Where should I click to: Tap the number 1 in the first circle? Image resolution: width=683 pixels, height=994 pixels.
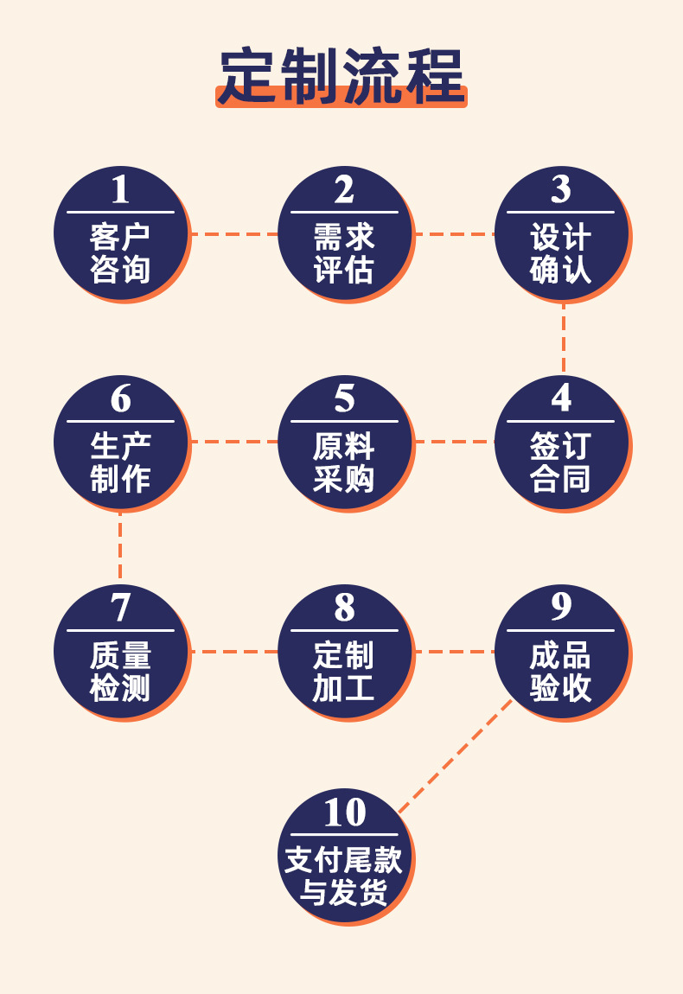tap(120, 189)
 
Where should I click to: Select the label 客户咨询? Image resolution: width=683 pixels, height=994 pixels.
tap(120, 252)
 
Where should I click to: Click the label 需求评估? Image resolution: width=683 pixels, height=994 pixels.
tap(344, 252)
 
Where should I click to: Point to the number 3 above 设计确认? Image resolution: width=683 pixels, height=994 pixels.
tap(561, 189)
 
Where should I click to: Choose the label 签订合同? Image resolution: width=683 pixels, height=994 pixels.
tap(561, 462)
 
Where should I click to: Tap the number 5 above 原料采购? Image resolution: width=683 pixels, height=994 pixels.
tap(344, 398)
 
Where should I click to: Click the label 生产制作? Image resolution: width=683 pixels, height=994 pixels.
tap(120, 462)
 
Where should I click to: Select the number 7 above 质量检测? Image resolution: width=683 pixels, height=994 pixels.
tap(120, 608)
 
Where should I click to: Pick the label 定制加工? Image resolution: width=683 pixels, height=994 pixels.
tap(344, 672)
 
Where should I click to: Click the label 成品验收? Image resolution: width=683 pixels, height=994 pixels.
tap(561, 672)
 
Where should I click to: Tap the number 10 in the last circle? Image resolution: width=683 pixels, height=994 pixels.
tap(345, 812)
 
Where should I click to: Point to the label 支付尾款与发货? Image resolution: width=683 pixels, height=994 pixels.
tap(344, 876)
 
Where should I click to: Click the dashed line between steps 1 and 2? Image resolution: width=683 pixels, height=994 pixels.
tap(233, 233)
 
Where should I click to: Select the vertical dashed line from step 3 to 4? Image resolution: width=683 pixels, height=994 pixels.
tap(563, 339)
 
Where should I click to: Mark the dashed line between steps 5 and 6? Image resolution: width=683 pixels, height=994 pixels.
tap(233, 442)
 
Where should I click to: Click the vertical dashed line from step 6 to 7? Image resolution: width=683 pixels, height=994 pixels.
tap(120, 548)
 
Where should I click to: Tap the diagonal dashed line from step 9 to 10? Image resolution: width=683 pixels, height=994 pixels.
tap(454, 756)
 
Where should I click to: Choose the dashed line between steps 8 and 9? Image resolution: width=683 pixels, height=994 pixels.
tap(454, 651)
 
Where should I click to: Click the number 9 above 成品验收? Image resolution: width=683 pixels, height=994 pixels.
tap(561, 608)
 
